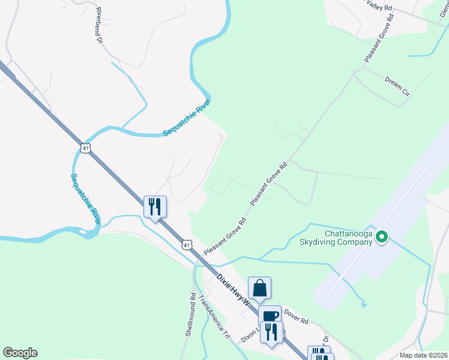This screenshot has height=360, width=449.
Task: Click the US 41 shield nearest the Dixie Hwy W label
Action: click(188, 245)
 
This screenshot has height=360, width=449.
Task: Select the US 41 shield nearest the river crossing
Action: click(86, 148)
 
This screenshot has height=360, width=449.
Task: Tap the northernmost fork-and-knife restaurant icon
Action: click(155, 207)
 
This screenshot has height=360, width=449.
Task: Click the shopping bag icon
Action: click(259, 288)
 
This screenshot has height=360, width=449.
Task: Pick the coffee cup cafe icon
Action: click(270, 316)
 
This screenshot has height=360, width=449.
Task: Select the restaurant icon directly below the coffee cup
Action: click(271, 331)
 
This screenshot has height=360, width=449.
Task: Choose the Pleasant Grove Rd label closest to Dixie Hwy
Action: click(225, 236)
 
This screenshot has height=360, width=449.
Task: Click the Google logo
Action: click(20, 353)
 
